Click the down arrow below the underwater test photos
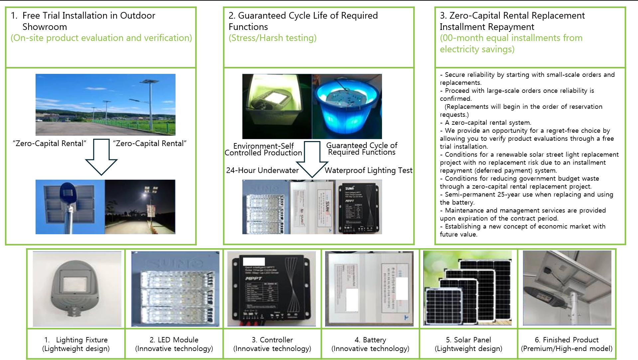click(x=312, y=160)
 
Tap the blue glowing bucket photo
click(x=347, y=106)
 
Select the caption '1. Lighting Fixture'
click(x=76, y=340)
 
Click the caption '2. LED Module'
click(x=174, y=340)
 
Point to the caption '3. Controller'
click(x=272, y=340)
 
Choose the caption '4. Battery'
click(x=370, y=340)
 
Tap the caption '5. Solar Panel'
click(x=469, y=340)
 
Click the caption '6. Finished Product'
click(x=567, y=340)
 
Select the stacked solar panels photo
click(x=467, y=288)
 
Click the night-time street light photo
click(x=140, y=207)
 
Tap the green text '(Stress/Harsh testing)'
click(x=272, y=38)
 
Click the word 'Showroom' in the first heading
click(x=45, y=27)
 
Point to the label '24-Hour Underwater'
click(x=262, y=170)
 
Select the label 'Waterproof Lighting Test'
click(x=368, y=170)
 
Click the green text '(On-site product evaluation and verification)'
click(x=101, y=38)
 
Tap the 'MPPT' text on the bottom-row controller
click(x=253, y=278)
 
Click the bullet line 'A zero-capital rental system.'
click(x=488, y=122)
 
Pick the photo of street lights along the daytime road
click(x=105, y=104)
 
